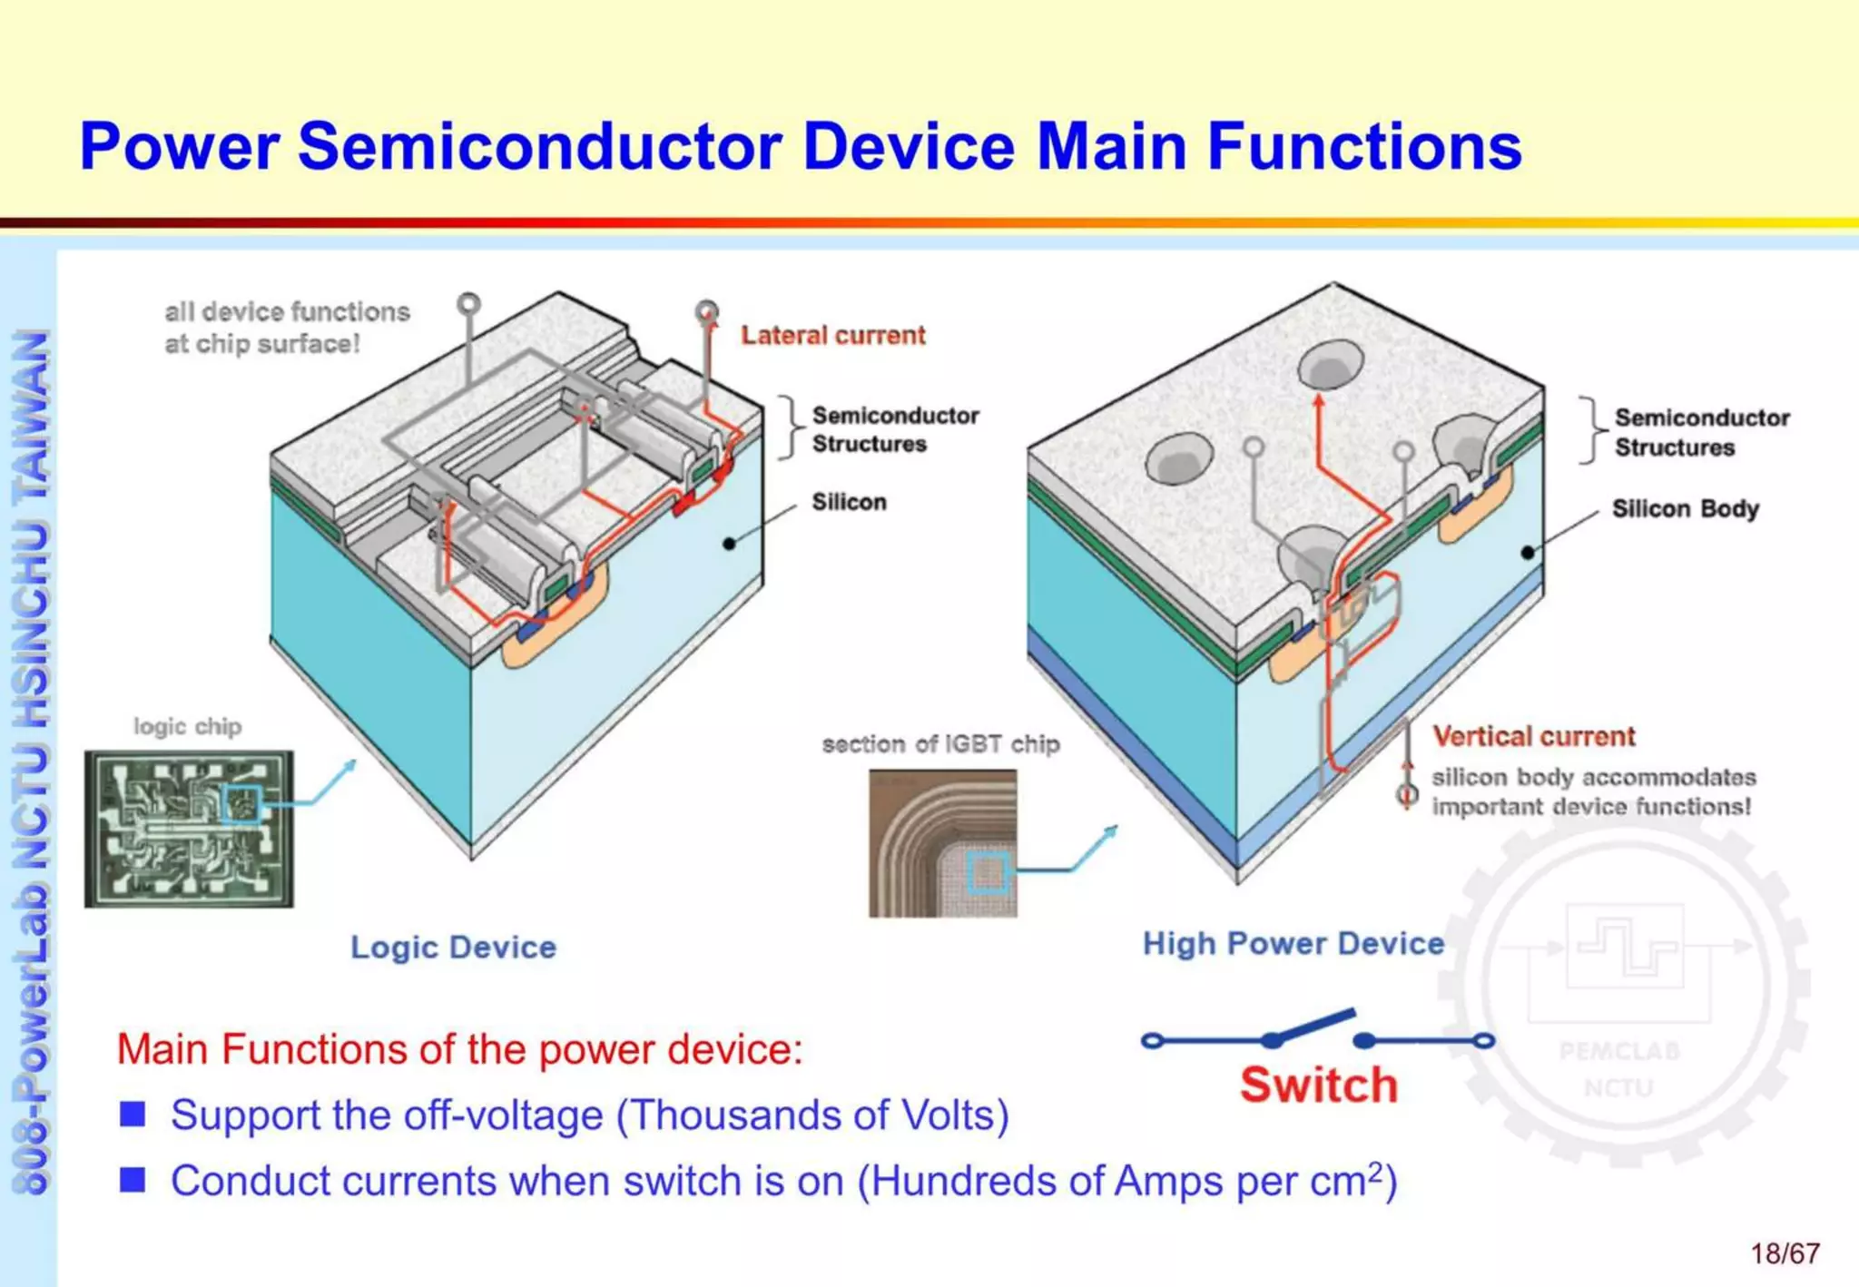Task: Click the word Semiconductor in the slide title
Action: pos(539,147)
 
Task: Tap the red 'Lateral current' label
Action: pos(832,336)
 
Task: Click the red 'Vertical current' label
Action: pos(1533,736)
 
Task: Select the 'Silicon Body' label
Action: pos(1685,508)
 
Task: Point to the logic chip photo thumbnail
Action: pos(189,829)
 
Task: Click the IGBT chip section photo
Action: pos(942,843)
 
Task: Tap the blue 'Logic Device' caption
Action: pos(453,948)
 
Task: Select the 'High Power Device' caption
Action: pos(1293,944)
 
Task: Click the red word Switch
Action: pos(1319,1086)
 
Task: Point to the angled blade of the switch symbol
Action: pos(1313,1026)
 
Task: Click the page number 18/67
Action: pos(1785,1253)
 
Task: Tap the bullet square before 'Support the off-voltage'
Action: pos(133,1114)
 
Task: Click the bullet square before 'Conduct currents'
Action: pos(133,1180)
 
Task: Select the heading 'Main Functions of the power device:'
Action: pos(459,1049)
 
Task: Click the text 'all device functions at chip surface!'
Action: pos(286,328)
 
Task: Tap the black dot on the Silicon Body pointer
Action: pos(1528,552)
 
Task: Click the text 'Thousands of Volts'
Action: pos(812,1115)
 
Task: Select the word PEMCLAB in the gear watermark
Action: pos(1619,1051)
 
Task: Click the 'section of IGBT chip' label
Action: pos(940,744)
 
